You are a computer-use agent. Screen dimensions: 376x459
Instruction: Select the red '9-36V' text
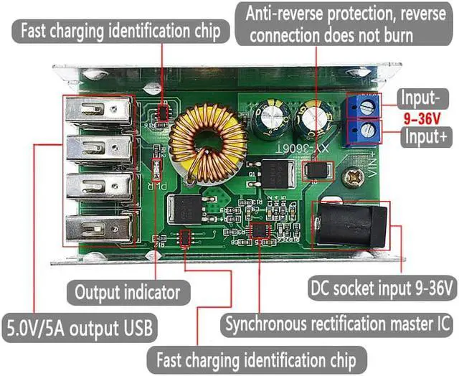424,116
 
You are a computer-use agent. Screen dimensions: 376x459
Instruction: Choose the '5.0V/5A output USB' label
79,328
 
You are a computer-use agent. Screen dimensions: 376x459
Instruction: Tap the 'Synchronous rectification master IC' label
338,324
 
